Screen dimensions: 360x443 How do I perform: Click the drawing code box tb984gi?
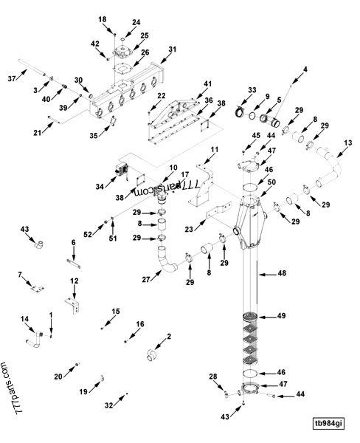tap(329, 423)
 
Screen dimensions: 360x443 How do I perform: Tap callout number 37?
tap(12, 78)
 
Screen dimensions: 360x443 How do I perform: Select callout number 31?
tap(172, 49)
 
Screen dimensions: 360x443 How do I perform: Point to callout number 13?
tap(348, 142)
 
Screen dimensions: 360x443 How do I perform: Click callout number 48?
tap(282, 273)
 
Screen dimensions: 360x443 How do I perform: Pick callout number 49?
tap(281, 316)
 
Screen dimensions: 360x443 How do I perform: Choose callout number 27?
tap(145, 280)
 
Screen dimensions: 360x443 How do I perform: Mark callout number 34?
tap(100, 187)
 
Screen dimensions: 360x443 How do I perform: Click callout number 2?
tap(169, 336)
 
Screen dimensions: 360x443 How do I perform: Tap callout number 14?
tap(24, 319)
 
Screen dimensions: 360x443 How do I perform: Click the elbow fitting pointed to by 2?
tap(151, 355)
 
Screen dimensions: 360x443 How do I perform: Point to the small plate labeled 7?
tap(38, 289)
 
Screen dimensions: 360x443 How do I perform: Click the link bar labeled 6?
tap(74, 264)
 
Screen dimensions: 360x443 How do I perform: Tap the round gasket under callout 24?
tap(123, 39)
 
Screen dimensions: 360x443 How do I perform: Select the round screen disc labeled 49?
tap(250, 316)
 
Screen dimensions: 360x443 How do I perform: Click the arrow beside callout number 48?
tap(268, 274)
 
